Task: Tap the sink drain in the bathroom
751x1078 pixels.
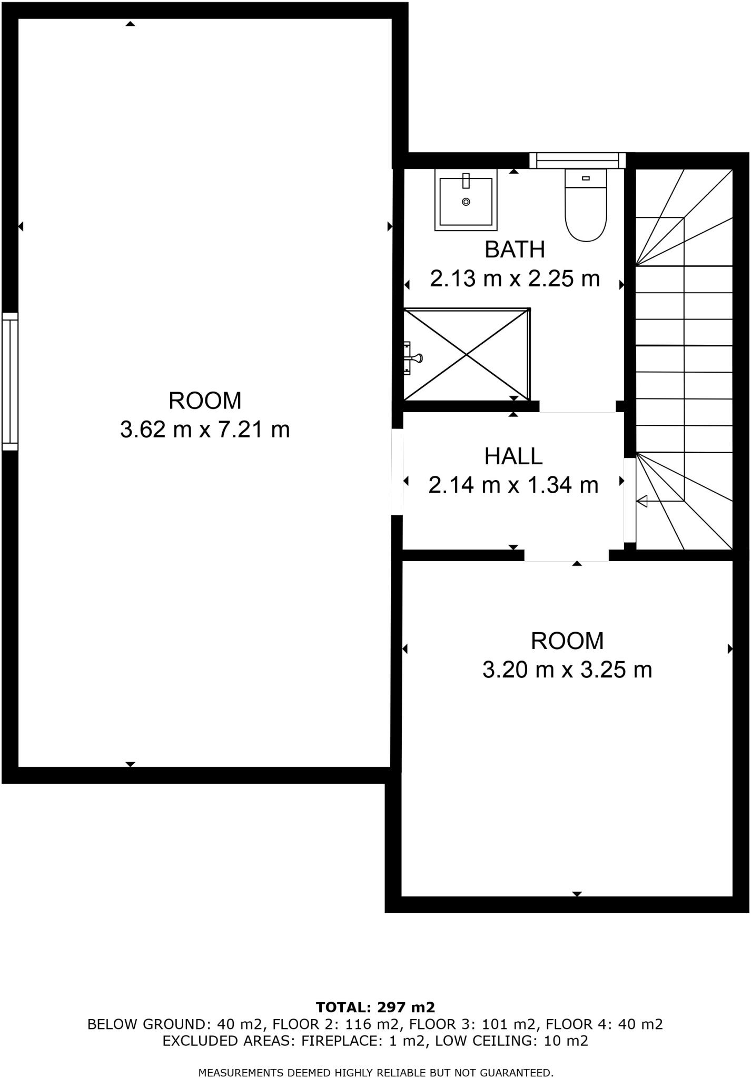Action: point(466,202)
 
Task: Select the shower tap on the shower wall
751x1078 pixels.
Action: point(414,358)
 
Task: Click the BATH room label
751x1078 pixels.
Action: point(515,249)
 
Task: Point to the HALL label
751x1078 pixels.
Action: point(513,456)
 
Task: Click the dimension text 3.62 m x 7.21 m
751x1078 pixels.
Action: point(205,430)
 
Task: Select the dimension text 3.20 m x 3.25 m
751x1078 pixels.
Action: point(567,670)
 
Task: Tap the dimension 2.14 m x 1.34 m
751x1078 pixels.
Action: point(513,485)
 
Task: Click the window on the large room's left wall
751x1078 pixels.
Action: point(10,382)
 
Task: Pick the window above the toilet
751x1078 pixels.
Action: point(577,160)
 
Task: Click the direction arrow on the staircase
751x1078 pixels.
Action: point(642,502)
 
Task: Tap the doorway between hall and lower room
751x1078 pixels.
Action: point(566,556)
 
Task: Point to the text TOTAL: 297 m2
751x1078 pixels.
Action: point(375,1007)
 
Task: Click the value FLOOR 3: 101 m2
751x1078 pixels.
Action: point(472,1024)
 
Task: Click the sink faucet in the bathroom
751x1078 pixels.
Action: point(466,181)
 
